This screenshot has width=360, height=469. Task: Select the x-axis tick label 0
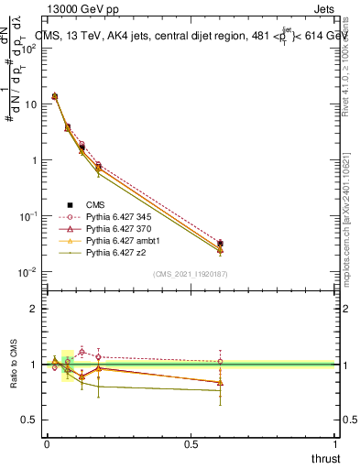(46, 444)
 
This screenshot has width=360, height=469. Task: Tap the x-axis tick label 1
(334, 444)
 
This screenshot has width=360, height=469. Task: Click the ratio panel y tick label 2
(35, 309)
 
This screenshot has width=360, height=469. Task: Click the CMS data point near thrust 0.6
(220, 244)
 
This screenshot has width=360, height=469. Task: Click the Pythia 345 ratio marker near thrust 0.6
(220, 362)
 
